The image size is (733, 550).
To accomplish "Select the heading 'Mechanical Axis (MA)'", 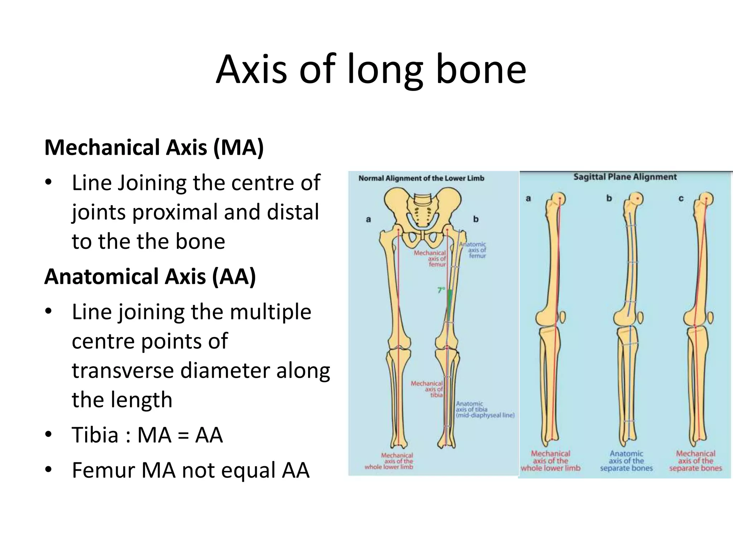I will (x=154, y=147).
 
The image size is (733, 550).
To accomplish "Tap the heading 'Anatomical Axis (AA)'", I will (x=150, y=276).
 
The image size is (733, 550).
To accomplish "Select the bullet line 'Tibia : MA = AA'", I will (x=147, y=435).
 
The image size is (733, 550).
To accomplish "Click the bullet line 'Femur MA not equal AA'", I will (x=190, y=470).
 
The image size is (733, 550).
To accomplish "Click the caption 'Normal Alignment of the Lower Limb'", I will (x=421, y=178).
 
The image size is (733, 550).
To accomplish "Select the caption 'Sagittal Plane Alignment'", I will (x=625, y=177).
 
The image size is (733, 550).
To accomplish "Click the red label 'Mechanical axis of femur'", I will (x=431, y=259).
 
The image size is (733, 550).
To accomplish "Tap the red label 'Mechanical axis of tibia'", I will (x=427, y=389).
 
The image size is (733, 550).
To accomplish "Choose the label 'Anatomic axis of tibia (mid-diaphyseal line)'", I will (x=485, y=410).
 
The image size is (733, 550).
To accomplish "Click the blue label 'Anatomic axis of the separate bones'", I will (x=626, y=461).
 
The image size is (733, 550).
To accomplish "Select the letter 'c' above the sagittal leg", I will (x=681, y=198).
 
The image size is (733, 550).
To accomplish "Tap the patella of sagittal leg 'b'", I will (x=640, y=318).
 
